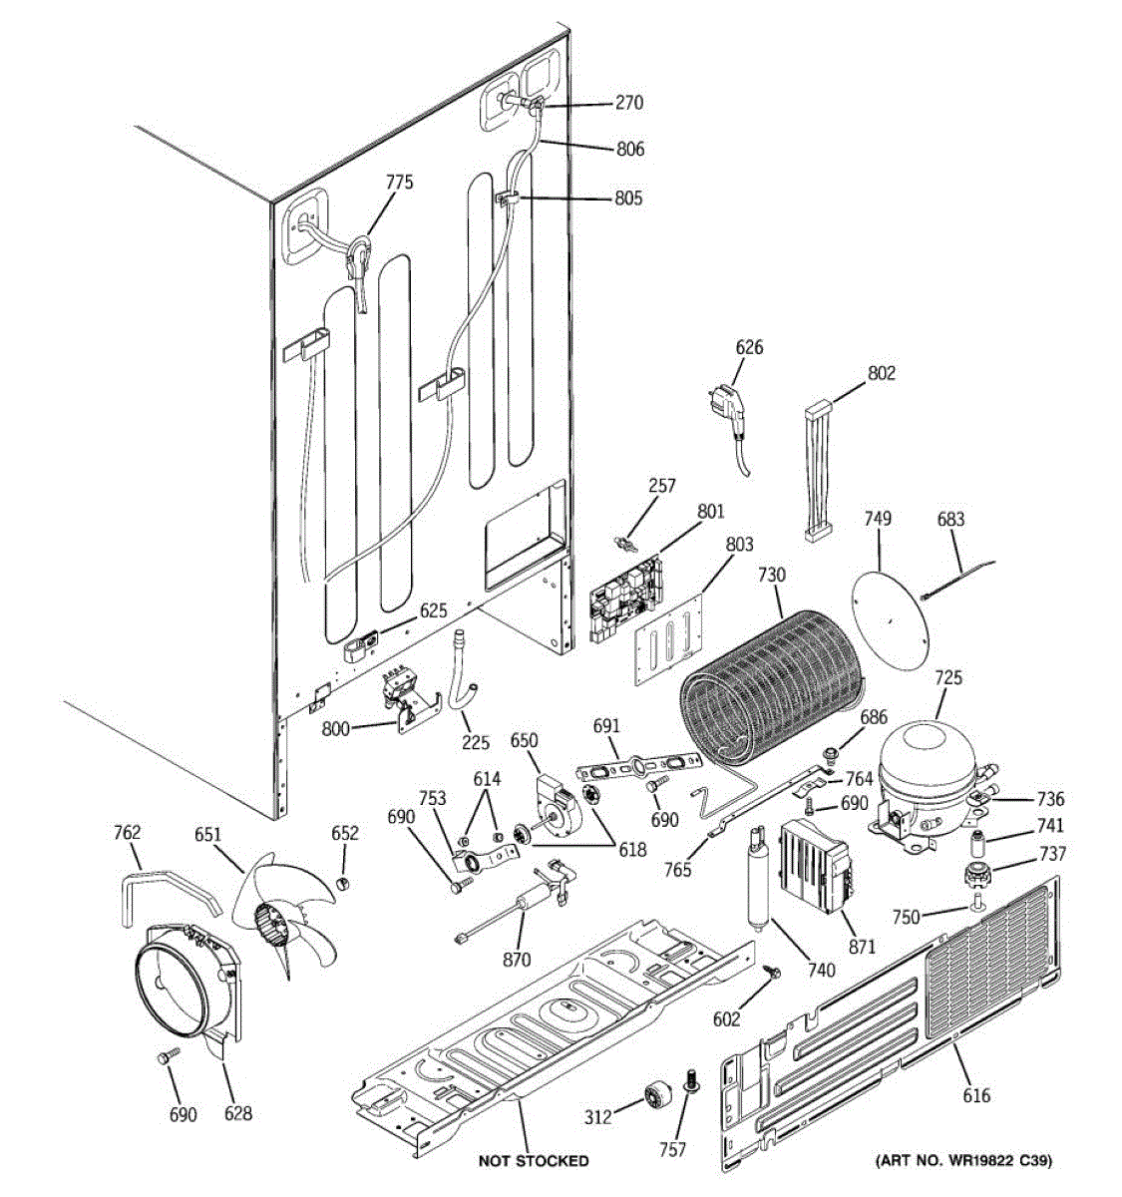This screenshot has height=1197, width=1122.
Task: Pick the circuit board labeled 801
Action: click(x=625, y=597)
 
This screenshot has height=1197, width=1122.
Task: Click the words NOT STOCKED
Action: click(x=533, y=1161)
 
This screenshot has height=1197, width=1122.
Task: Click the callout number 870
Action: click(x=517, y=960)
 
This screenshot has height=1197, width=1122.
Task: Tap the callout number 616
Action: click(x=976, y=1095)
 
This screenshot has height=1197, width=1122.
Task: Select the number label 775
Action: click(x=399, y=182)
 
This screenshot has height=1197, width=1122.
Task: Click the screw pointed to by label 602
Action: click(x=772, y=972)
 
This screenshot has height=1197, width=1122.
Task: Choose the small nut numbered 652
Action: click(x=343, y=884)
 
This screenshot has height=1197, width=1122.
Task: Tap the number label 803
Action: click(x=739, y=545)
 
